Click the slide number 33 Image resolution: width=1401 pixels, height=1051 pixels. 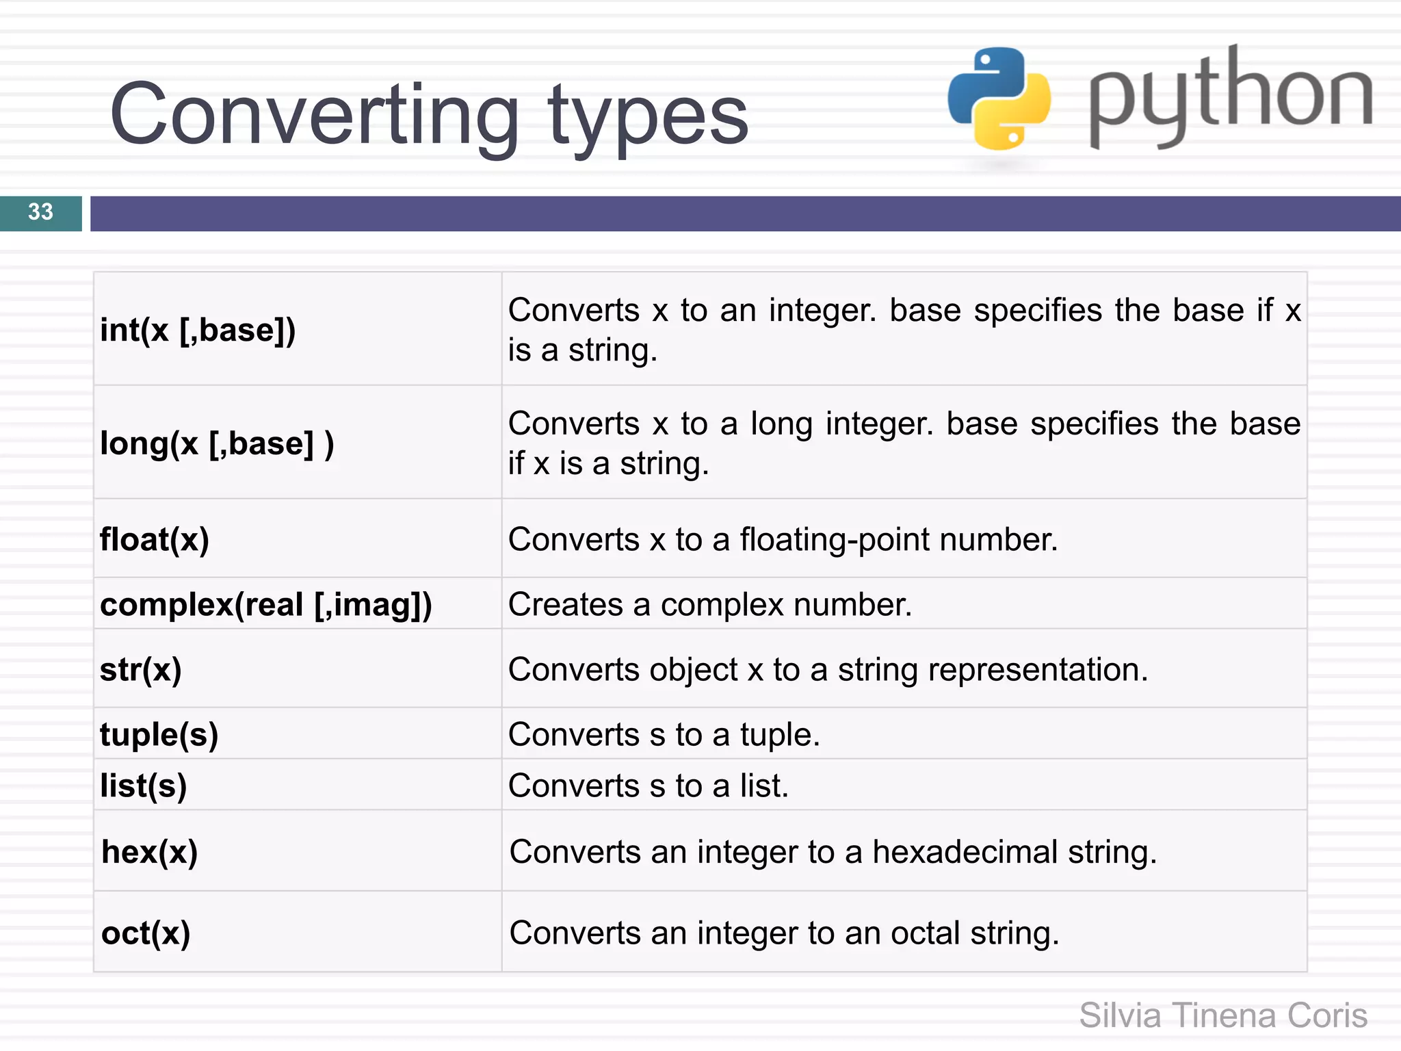click(40, 212)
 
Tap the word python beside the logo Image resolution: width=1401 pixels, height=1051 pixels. click(1230, 96)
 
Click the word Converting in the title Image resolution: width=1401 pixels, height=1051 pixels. click(314, 115)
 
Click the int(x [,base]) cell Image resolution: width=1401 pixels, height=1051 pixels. click(198, 330)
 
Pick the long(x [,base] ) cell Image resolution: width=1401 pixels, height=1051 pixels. click(217, 444)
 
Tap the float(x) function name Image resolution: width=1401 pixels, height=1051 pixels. click(155, 540)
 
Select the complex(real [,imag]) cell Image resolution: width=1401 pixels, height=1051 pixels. click(266, 605)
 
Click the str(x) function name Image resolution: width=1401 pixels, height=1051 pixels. click(141, 670)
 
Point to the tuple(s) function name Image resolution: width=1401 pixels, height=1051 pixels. click(159, 735)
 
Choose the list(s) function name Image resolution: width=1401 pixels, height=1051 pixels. click(144, 786)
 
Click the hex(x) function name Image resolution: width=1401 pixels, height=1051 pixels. click(150, 853)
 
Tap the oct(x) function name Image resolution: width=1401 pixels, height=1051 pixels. click(146, 933)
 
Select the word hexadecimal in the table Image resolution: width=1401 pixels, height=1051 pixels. click(965, 853)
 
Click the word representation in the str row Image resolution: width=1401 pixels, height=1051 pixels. click(1037, 670)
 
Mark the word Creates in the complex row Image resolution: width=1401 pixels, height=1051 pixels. click(566, 605)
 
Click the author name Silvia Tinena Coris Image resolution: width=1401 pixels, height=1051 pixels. click(1223, 1015)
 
